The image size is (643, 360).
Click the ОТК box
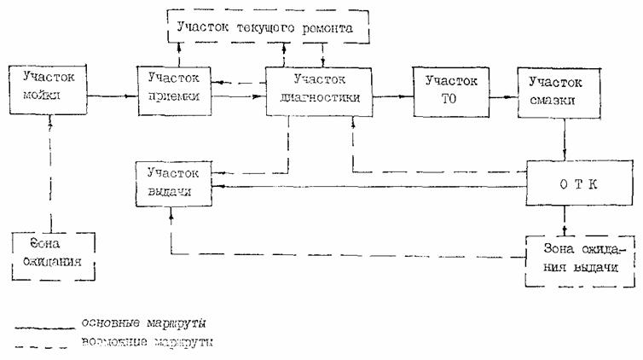click(564, 183)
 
